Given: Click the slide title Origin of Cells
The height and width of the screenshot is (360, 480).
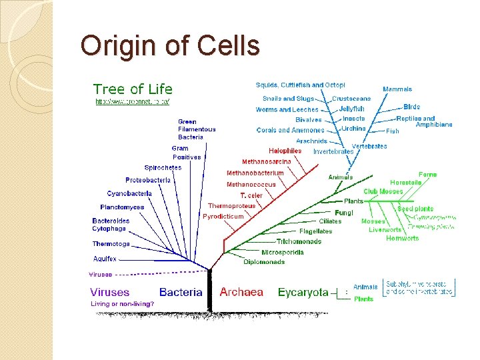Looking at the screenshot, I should [x=169, y=46].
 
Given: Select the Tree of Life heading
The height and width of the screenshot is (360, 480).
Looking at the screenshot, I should [x=133, y=89].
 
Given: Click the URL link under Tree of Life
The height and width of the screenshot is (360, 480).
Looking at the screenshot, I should [x=132, y=101].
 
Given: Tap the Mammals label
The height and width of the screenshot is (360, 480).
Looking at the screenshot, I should [x=397, y=89].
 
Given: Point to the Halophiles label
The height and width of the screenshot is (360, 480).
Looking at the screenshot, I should [x=285, y=151].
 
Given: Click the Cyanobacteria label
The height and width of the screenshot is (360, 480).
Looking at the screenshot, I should [x=129, y=193].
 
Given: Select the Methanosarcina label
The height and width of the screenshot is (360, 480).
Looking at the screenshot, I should [x=266, y=161].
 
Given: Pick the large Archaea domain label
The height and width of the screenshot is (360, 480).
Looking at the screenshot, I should [x=241, y=292].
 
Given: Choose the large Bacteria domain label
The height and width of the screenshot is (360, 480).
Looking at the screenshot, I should [x=181, y=292].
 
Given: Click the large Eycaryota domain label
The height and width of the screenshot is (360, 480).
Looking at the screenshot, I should [x=303, y=292].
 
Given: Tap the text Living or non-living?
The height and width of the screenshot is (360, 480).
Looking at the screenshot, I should [x=122, y=304].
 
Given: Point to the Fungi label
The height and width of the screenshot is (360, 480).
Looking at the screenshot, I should [x=344, y=213].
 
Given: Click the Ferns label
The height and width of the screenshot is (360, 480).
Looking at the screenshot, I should [x=428, y=175].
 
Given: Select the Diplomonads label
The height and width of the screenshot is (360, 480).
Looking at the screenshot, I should [x=264, y=262].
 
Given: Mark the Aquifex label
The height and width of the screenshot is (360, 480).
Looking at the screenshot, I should [x=105, y=259].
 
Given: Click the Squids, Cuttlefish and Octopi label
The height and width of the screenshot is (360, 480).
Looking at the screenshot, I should [x=300, y=85].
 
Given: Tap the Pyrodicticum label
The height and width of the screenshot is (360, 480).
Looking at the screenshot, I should [x=223, y=217].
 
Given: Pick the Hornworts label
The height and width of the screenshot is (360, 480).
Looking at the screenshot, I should [x=403, y=239].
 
